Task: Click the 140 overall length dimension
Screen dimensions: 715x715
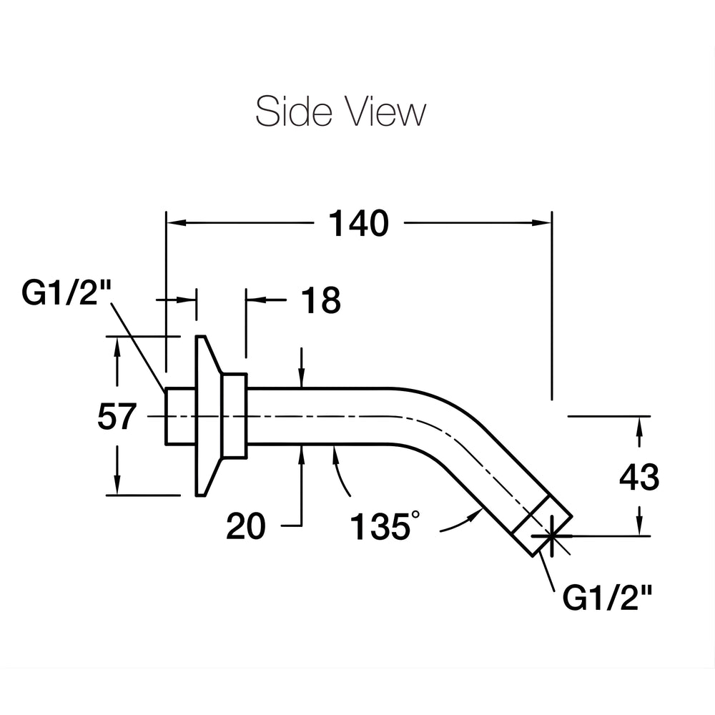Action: pos(359,223)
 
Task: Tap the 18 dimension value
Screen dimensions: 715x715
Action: pos(321,300)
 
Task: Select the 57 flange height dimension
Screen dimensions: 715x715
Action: pos(117,416)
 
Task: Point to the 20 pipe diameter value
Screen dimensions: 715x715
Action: pos(246,526)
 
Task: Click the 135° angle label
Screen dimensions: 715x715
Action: pos(385,526)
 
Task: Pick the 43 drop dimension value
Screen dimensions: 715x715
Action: pos(639,477)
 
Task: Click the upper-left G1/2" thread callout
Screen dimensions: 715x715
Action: pos(66,292)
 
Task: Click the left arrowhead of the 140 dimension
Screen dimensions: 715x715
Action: pos(177,223)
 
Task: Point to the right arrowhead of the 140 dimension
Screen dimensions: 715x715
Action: pos(542,223)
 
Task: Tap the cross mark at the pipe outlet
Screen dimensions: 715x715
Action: pos(552,536)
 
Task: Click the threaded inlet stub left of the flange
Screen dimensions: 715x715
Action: pos(180,415)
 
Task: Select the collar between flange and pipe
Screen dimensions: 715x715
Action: pos(234,415)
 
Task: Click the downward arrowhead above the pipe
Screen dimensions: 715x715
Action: pos(302,378)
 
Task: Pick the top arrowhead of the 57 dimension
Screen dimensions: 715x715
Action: pos(117,347)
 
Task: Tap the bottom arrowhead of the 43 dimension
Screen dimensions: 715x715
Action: pos(640,526)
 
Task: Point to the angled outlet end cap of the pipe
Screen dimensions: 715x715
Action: pos(542,526)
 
